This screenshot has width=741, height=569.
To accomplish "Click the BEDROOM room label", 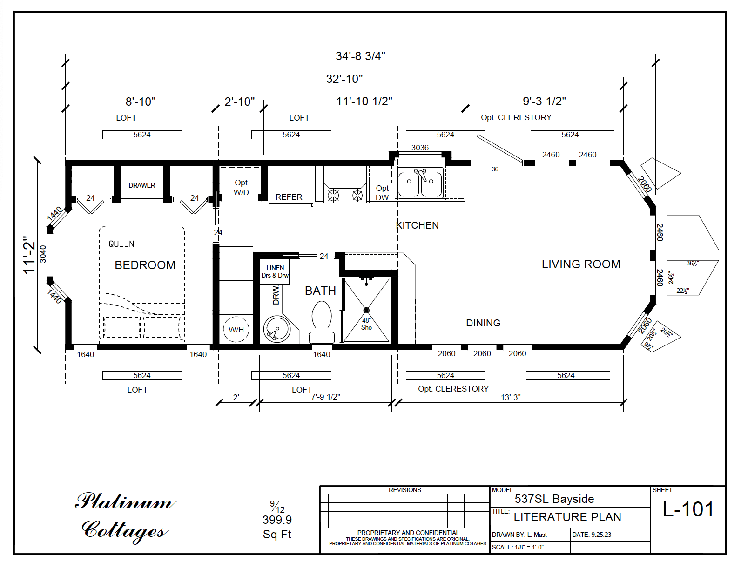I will tap(145, 265).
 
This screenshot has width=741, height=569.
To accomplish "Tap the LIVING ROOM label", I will tap(580, 264).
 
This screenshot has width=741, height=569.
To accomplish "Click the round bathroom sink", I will tap(276, 329).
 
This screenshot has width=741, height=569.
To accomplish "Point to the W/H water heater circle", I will tap(236, 330).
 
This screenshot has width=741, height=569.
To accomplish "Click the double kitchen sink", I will tap(420, 184).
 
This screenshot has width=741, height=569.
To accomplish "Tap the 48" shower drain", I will tap(366, 310).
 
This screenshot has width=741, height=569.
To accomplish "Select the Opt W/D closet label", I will tap(241, 187).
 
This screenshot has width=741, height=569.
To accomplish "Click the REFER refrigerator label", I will tap(289, 197).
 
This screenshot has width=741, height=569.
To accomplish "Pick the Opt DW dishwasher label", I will tap(382, 192).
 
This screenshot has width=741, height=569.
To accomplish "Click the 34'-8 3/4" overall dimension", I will tap(360, 56).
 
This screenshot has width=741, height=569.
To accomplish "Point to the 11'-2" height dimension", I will tap(30, 255).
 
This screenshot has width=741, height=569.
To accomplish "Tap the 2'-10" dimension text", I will tap(239, 102).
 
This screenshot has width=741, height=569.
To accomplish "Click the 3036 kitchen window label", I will tap(420, 148).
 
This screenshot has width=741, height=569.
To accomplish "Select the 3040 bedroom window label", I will tap(43, 254).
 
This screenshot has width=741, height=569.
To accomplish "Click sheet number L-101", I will tap(688, 509).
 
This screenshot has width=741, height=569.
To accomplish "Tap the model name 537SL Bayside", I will tap(554, 499).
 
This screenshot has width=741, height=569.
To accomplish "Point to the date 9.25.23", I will tap(601, 535).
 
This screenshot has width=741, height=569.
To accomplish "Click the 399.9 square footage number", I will tap(277, 520).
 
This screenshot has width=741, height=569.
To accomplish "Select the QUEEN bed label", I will tap(121, 244).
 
